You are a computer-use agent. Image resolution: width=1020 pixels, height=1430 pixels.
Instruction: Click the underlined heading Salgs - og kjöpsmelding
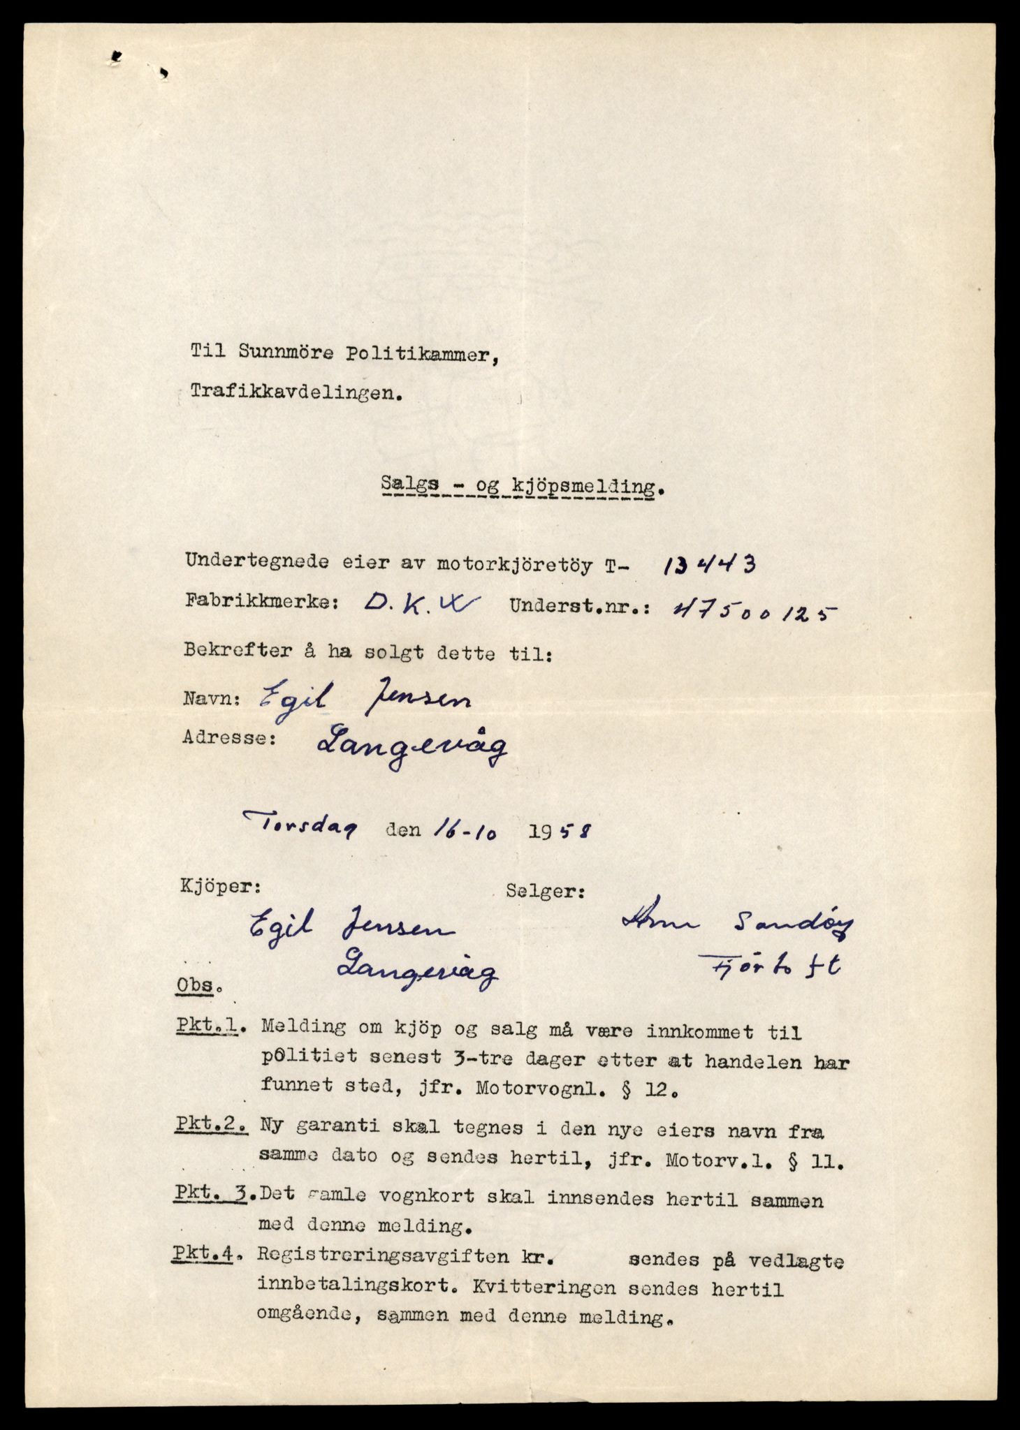520,486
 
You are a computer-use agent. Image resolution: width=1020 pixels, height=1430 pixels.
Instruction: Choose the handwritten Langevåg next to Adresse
411,749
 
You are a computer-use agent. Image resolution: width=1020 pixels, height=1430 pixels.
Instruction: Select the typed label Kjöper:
221,887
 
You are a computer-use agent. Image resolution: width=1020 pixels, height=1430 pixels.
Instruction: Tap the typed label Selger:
545,892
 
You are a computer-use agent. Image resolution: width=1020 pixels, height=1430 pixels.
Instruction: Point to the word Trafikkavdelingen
297,393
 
